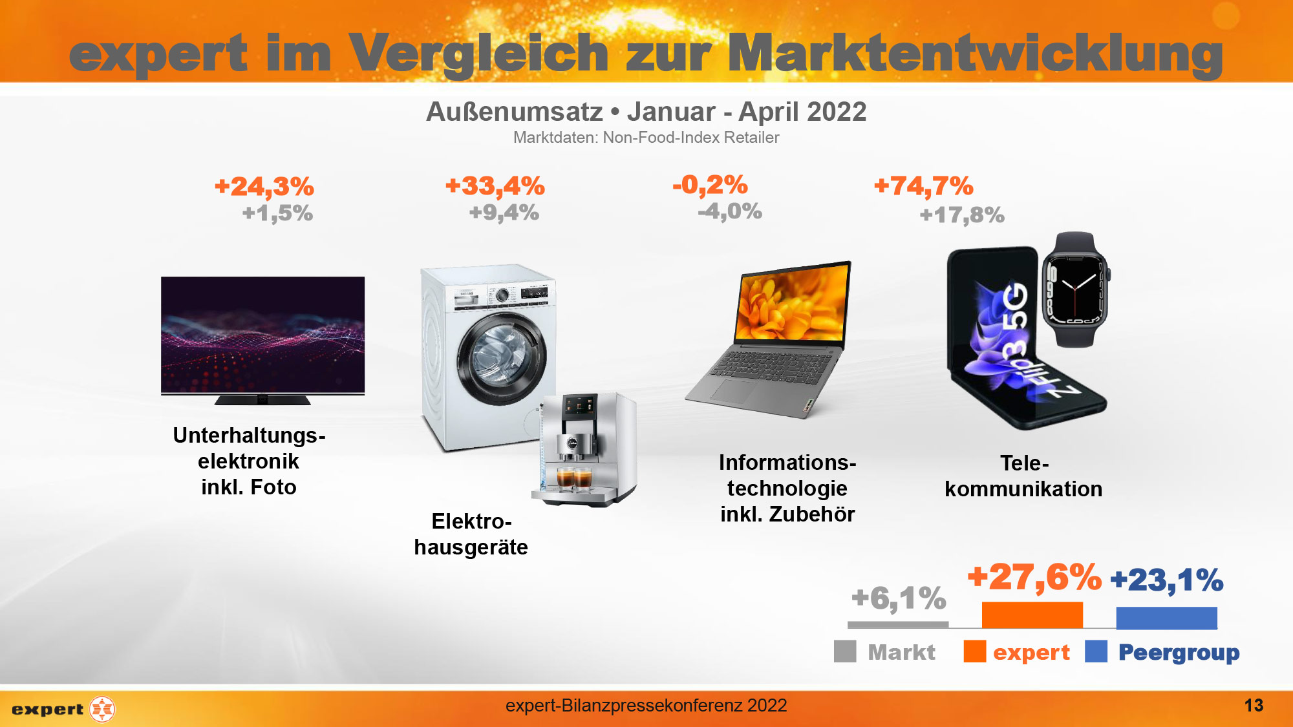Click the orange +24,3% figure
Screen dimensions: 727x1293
coord(264,187)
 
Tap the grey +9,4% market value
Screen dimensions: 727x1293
coord(504,213)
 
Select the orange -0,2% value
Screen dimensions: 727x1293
coord(710,185)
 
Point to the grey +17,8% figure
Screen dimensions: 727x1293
coord(962,215)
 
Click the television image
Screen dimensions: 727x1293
coord(262,336)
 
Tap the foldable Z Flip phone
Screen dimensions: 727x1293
coord(1009,336)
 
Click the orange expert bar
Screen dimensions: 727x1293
coord(1032,615)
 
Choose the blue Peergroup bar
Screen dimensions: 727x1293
coord(1166,618)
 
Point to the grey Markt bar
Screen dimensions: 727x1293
coord(898,625)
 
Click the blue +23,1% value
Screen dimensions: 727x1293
coord(1166,580)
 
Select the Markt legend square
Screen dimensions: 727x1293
coord(845,651)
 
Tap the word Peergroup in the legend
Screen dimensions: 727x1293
coord(1179,653)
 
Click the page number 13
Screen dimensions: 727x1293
coord(1254,705)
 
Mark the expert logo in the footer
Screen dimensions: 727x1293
coord(63,709)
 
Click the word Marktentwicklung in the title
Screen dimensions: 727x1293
coord(975,54)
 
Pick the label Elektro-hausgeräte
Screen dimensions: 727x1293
coord(471,534)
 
